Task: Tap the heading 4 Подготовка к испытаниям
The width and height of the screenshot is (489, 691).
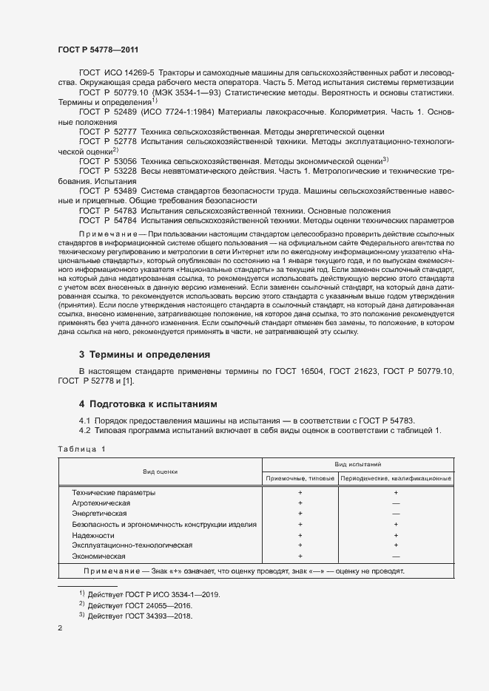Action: tap(149, 404)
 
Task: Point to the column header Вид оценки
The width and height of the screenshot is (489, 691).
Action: tap(161, 471)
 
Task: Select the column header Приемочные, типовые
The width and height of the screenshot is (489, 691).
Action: tap(300, 479)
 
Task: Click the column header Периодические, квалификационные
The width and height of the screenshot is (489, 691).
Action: tap(396, 479)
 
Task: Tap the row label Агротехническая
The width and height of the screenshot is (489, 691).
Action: tap(101, 503)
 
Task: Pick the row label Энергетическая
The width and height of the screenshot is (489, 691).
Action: tap(101, 513)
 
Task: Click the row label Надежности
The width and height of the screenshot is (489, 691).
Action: tap(93, 534)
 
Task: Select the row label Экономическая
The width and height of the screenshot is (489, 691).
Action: tap(98, 556)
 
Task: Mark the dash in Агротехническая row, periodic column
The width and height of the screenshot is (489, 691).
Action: tap(396, 503)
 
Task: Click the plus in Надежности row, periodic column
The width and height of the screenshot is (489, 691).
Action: tap(396, 534)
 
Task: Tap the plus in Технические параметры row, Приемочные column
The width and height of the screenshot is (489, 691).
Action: tap(300, 492)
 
